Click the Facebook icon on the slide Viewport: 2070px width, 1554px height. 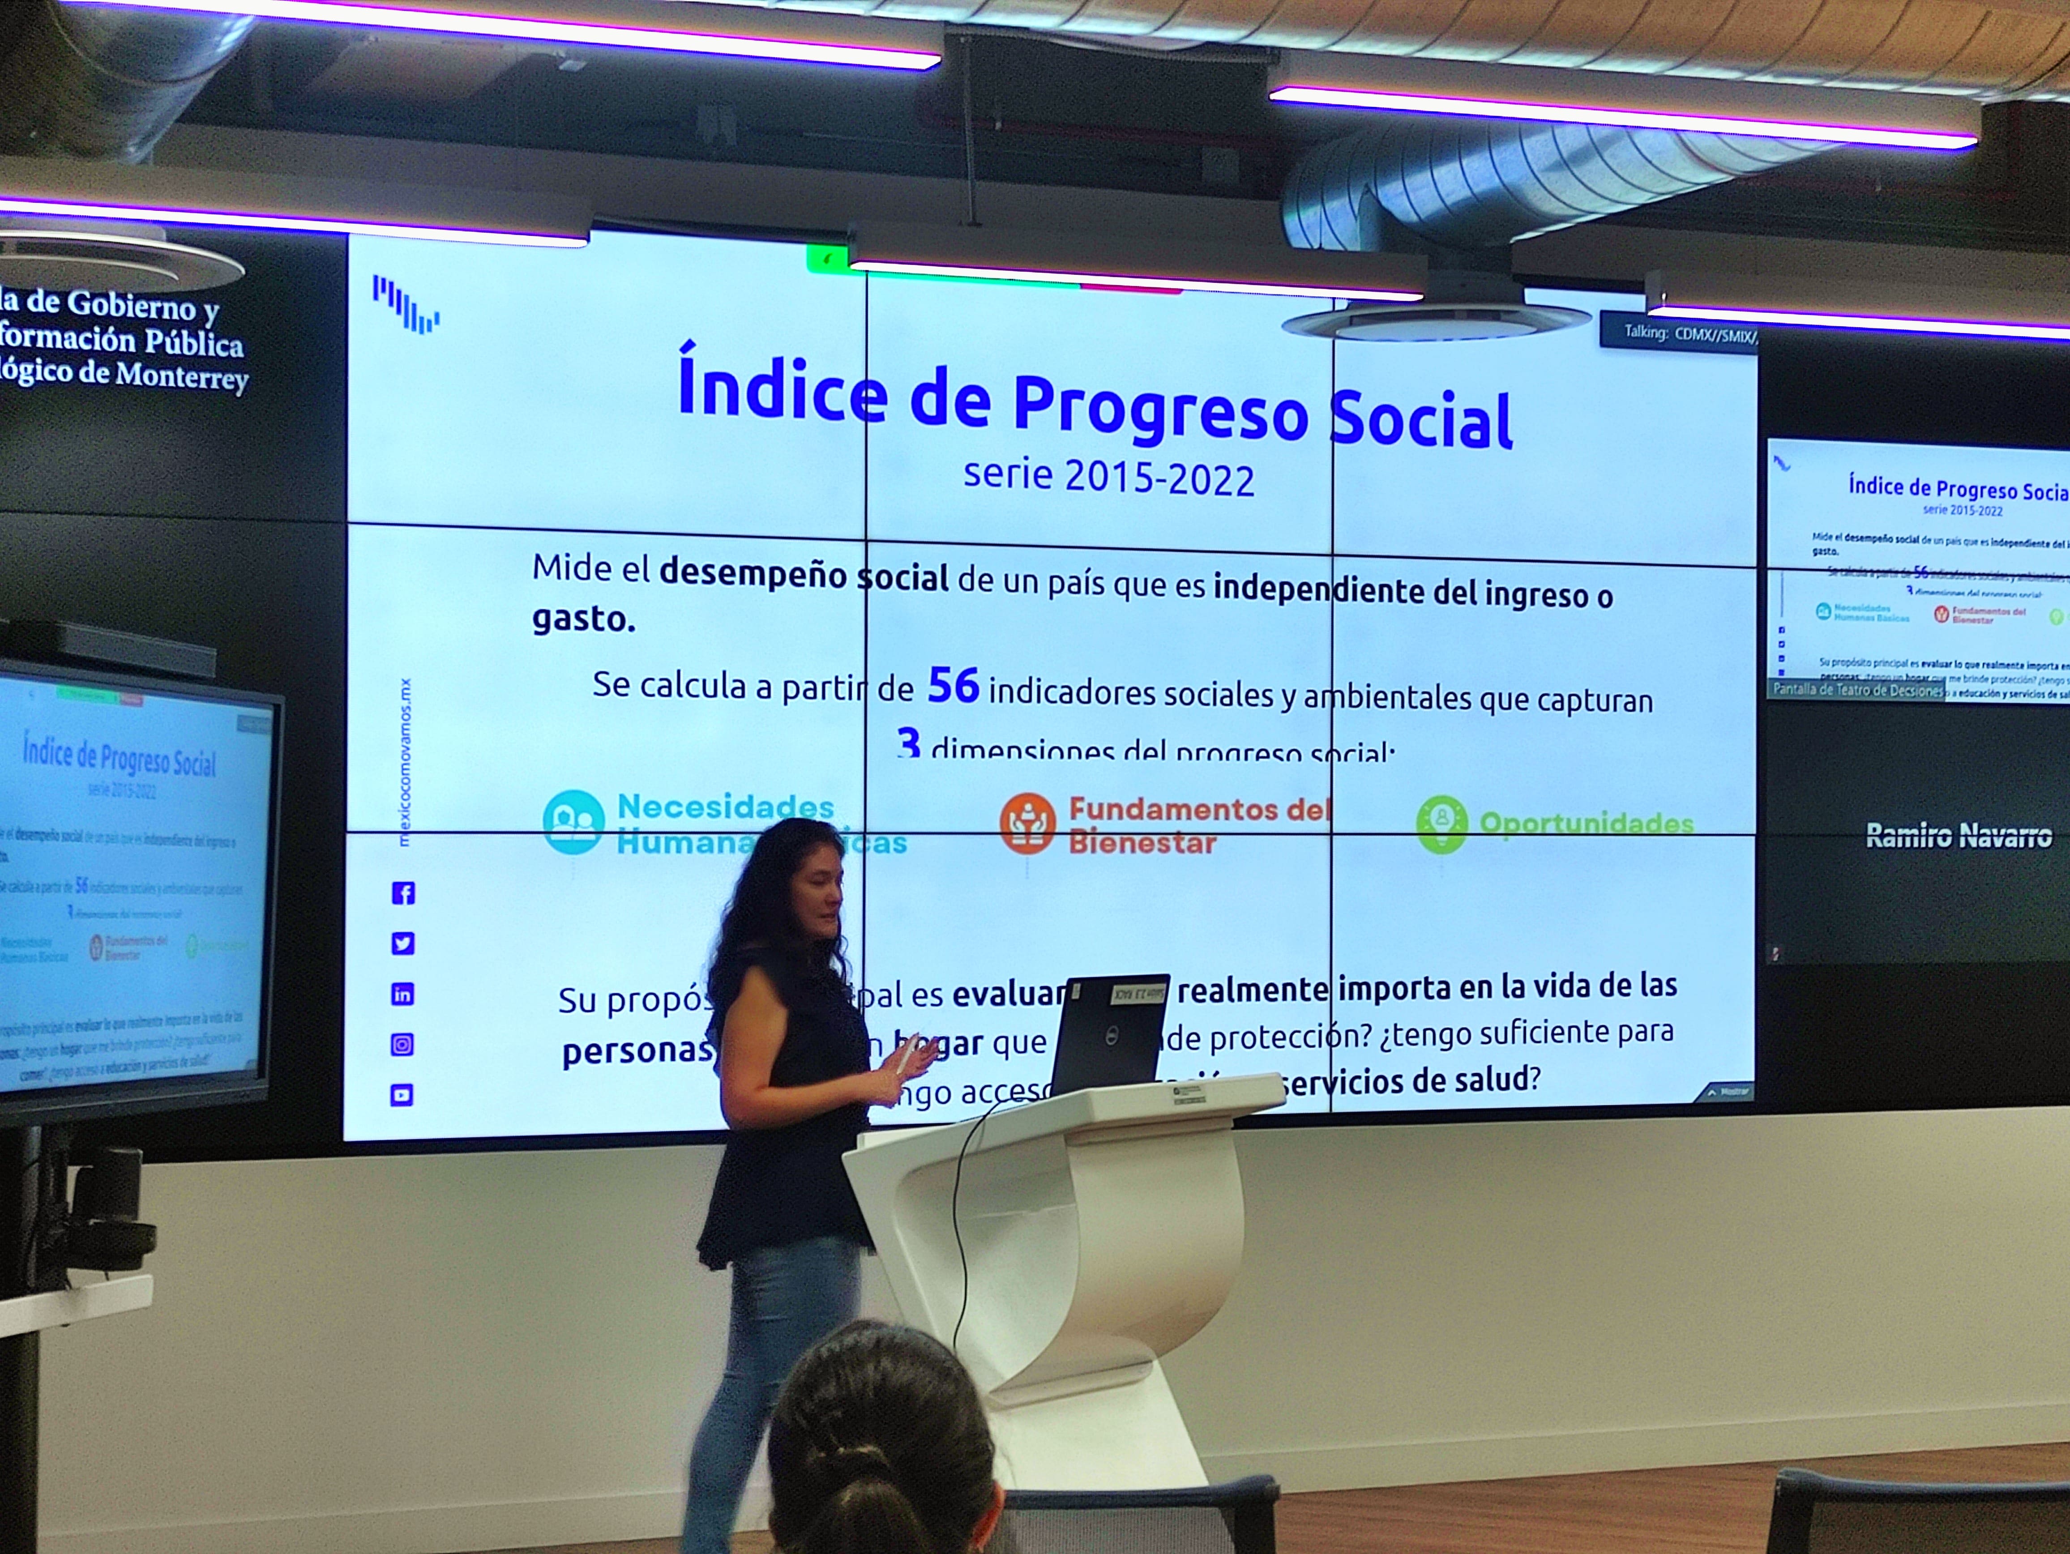point(402,893)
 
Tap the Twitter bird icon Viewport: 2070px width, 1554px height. point(402,944)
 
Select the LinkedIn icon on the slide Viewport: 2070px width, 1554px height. point(402,995)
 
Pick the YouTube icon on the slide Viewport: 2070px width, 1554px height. point(402,1095)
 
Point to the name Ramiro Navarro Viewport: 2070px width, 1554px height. point(1959,836)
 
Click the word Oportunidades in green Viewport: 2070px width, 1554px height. point(1586,823)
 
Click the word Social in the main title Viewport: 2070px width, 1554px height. point(1420,421)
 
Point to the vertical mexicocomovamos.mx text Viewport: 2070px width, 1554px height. point(404,763)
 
